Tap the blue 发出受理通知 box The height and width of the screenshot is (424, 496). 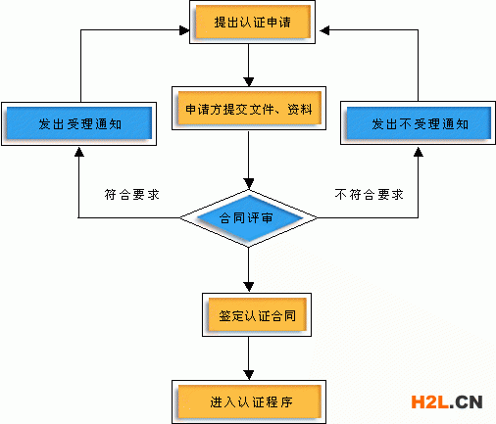click(x=78, y=124)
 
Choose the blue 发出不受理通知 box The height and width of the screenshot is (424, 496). click(x=419, y=124)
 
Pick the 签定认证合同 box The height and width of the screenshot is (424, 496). click(x=251, y=319)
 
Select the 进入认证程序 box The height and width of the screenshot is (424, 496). click(x=251, y=402)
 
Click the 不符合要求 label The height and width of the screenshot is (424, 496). click(x=370, y=195)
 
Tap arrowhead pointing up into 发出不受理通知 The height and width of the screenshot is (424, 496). click(x=419, y=152)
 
